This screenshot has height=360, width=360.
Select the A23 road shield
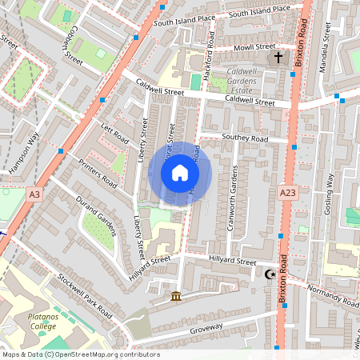pos(288,194)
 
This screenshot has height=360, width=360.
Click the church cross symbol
pos(278,58)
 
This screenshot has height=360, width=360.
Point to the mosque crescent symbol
pos(270,274)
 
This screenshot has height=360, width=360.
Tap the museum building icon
pos(175,298)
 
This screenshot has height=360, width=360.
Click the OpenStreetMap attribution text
pos(80,354)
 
